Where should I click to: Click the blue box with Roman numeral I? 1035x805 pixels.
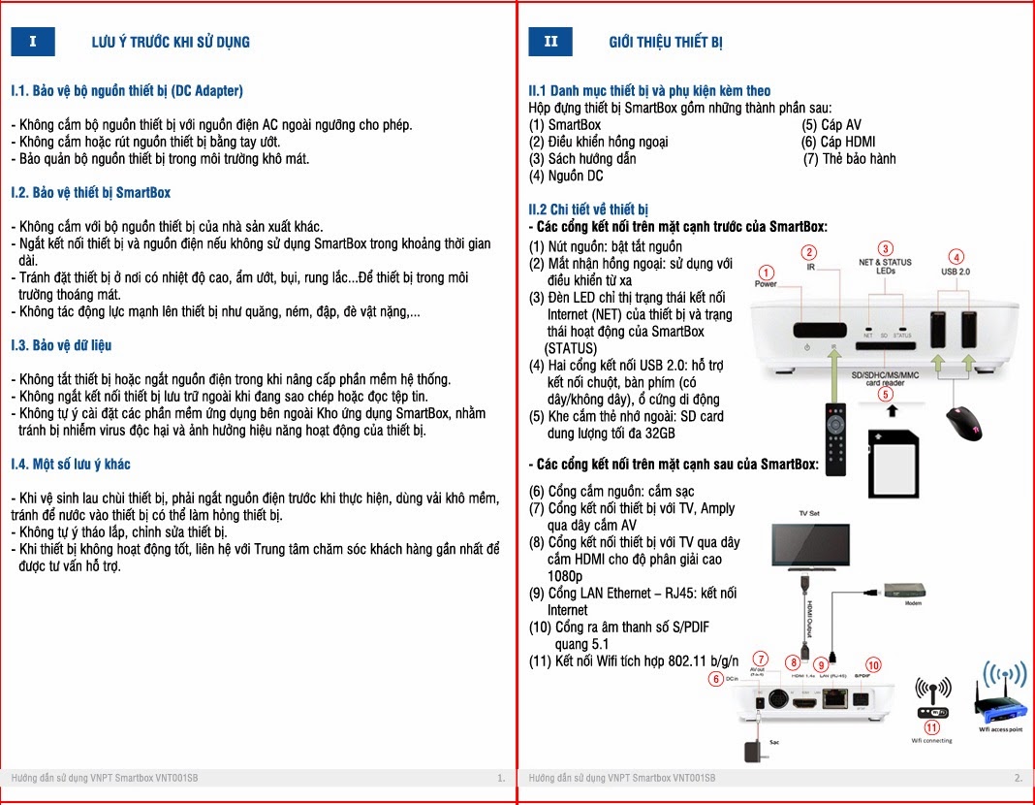(x=33, y=42)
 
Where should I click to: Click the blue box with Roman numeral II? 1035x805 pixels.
(x=550, y=42)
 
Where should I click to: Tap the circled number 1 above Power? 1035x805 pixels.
(x=766, y=273)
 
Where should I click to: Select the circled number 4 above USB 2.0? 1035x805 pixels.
(x=957, y=257)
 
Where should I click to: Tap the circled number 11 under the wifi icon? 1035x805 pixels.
(x=932, y=726)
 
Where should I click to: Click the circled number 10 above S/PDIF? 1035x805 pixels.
(x=873, y=665)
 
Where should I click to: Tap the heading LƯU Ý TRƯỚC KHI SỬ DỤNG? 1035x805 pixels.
(x=171, y=42)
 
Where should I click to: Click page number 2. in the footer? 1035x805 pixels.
(x=1018, y=778)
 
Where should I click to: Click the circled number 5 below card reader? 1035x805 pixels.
(x=885, y=394)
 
